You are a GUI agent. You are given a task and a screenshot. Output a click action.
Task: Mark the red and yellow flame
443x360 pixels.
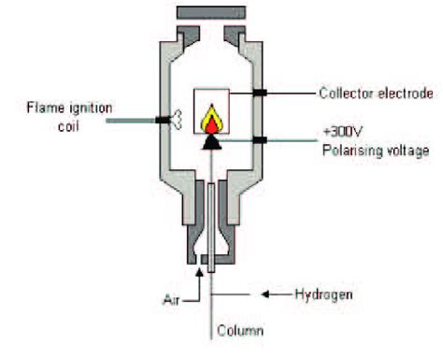[x=212, y=118]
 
